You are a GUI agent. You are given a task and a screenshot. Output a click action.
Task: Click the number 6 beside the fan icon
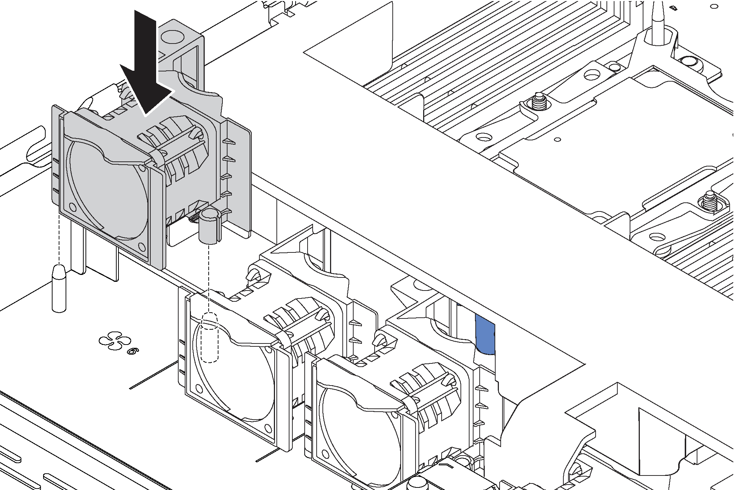(x=133, y=351)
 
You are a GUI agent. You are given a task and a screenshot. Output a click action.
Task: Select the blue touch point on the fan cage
(x=485, y=334)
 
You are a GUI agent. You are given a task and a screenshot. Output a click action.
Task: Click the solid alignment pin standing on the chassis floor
(x=59, y=288)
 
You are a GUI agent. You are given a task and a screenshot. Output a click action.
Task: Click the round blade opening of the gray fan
(x=109, y=189)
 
